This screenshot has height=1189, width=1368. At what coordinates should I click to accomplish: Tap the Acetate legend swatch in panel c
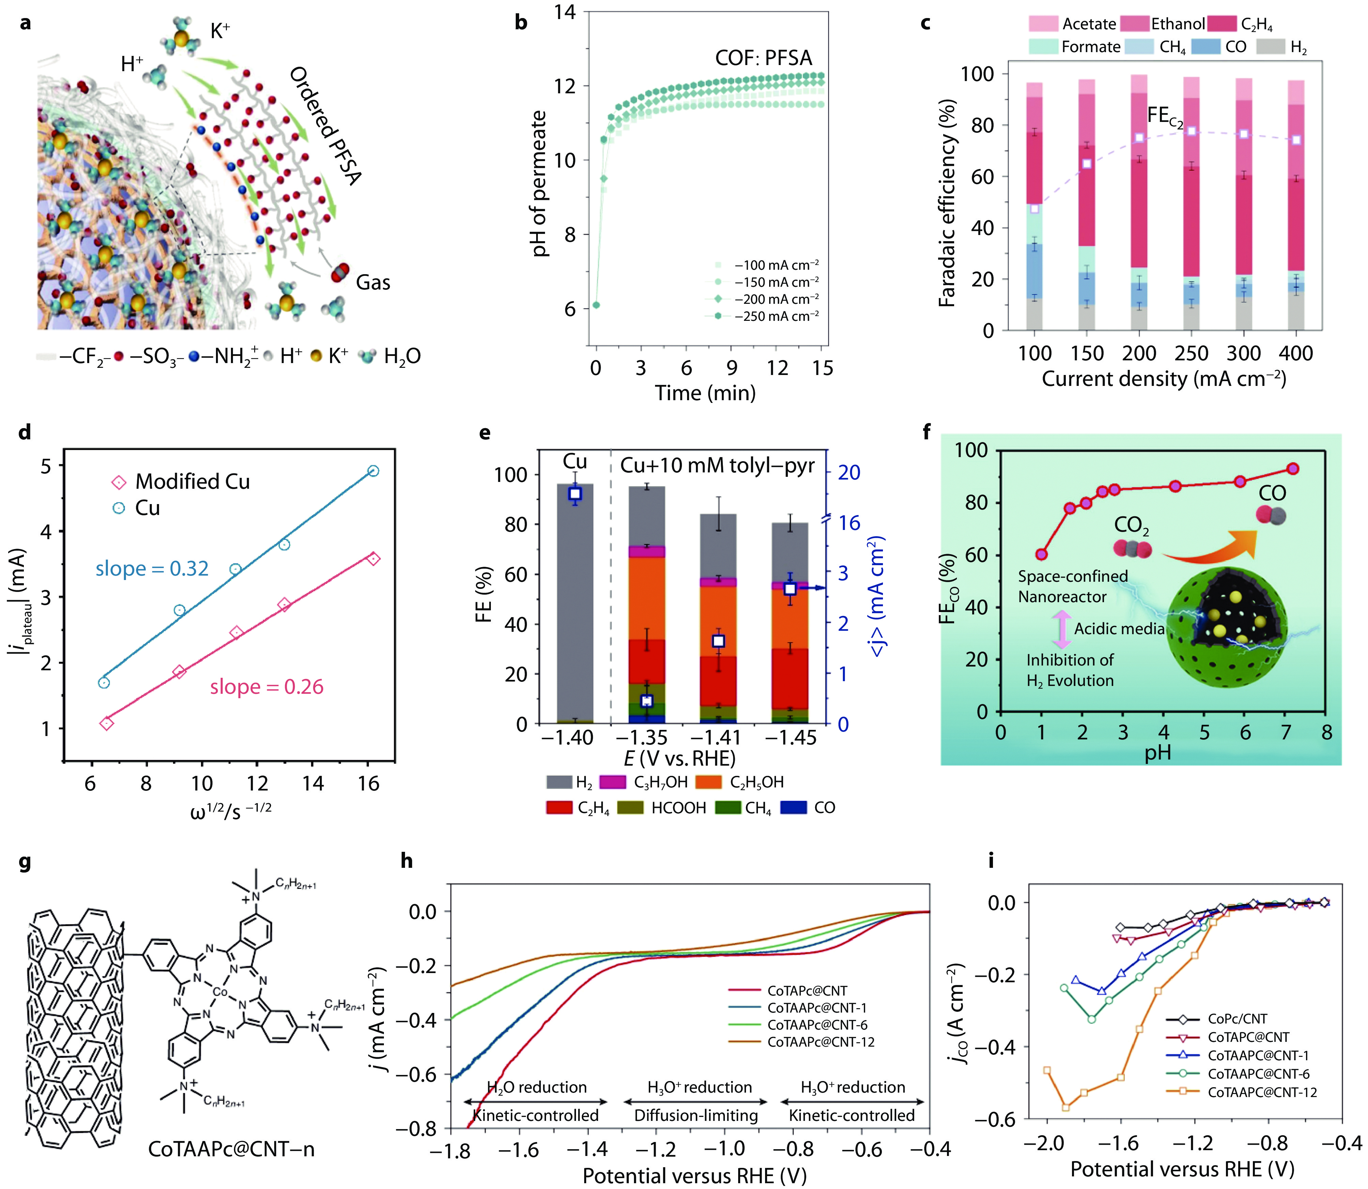tap(1043, 24)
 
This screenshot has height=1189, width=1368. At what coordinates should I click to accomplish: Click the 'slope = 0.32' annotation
tap(152, 569)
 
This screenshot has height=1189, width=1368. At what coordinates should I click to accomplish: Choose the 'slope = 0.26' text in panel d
tap(267, 687)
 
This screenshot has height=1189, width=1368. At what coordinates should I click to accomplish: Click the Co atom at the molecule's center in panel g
tap(220, 992)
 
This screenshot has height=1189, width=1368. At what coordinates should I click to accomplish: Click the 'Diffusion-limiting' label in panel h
tap(696, 1115)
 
